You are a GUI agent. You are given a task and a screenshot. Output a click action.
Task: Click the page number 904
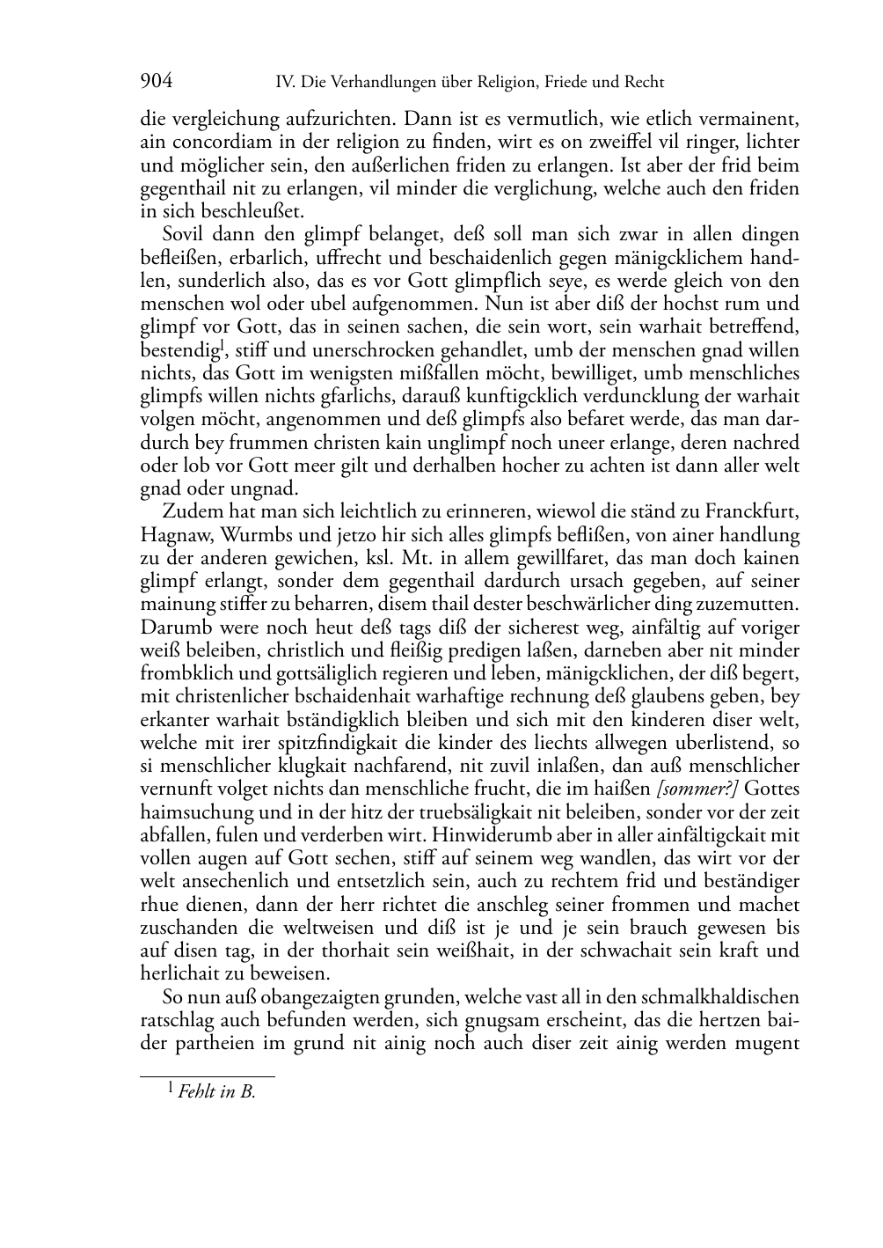click(x=156, y=82)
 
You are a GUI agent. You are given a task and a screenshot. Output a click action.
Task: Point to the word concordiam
click(x=210, y=142)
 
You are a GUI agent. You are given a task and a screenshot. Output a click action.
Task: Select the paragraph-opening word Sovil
click(x=182, y=235)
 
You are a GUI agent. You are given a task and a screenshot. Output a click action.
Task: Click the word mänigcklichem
click(x=681, y=258)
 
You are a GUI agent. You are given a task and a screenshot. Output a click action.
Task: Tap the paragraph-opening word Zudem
click(x=186, y=512)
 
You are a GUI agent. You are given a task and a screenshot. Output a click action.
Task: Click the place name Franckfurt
click(x=754, y=512)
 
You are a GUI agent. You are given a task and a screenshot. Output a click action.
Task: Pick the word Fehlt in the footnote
click(x=195, y=1092)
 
